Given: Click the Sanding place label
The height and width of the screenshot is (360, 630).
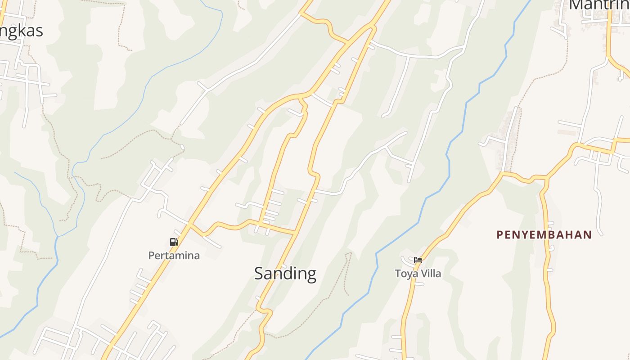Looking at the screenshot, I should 285,274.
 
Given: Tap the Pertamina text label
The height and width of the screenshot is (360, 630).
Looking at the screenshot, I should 174,256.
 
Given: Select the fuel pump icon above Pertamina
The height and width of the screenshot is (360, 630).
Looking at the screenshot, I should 174,242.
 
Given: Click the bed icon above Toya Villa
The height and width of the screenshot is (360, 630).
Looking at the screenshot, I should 418,260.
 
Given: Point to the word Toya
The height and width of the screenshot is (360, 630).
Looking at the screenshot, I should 405,274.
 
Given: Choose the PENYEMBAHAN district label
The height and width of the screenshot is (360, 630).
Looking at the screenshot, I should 544,234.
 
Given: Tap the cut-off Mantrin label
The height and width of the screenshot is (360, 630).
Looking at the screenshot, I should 599,4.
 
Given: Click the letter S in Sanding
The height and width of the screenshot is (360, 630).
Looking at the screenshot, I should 259,274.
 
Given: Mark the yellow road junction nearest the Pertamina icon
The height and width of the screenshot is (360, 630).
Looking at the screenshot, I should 189,225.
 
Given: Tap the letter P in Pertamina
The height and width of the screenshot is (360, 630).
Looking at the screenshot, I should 152,256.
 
